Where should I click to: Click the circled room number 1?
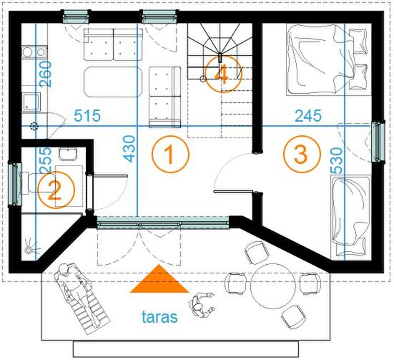[170, 154]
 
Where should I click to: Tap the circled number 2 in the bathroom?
[56, 190]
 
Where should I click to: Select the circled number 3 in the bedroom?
[302, 154]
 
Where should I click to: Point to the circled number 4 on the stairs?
[223, 74]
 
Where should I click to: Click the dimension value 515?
[87, 116]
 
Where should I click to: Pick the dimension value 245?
[308, 116]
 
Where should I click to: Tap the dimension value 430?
[129, 149]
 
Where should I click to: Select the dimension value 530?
[336, 160]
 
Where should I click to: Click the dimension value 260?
[46, 74]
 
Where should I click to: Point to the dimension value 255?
[46, 160]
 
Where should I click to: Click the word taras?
[159, 317]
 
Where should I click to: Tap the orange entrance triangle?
[159, 278]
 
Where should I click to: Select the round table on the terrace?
[273, 286]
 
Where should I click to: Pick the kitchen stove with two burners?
[34, 52]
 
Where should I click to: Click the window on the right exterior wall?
[378, 142]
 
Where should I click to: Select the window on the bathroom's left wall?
[15, 185]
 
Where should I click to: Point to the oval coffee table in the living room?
[113, 82]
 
